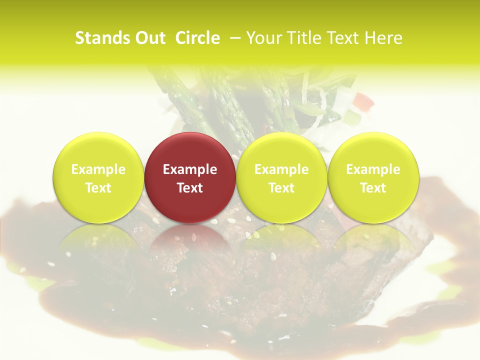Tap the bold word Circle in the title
pyautogui.click(x=197, y=38)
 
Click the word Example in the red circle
pyautogui.click(x=190, y=169)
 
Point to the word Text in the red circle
pyautogui.click(x=190, y=188)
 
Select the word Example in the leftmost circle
pyautogui.click(x=98, y=169)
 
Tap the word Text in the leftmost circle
pyautogui.click(x=98, y=188)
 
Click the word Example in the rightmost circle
pyautogui.click(x=373, y=169)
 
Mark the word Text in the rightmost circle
pyautogui.click(x=373, y=188)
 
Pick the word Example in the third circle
pyautogui.click(x=281, y=169)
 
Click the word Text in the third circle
pyautogui.click(x=281, y=188)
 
